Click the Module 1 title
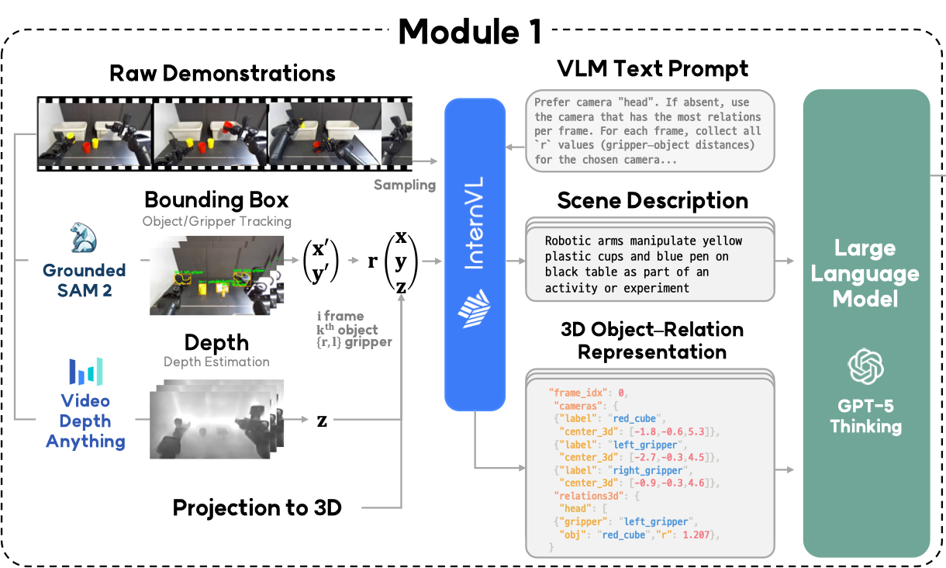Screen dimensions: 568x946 click(469, 31)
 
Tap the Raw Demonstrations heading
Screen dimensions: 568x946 click(223, 74)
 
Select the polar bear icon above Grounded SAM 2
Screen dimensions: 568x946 click(83, 238)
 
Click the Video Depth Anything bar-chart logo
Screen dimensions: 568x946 click(85, 372)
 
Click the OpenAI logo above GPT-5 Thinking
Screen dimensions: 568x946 click(866, 366)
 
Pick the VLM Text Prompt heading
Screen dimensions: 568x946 click(652, 68)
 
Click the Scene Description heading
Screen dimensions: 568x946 click(652, 200)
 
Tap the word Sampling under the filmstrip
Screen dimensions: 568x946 click(405, 185)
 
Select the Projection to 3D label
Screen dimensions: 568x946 click(257, 508)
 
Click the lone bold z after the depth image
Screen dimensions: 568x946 click(322, 421)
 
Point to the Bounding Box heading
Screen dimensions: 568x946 click(216, 200)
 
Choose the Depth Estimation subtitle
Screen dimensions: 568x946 click(216, 362)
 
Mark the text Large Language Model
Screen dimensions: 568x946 click(865, 273)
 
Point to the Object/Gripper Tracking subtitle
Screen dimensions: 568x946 click(216, 222)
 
